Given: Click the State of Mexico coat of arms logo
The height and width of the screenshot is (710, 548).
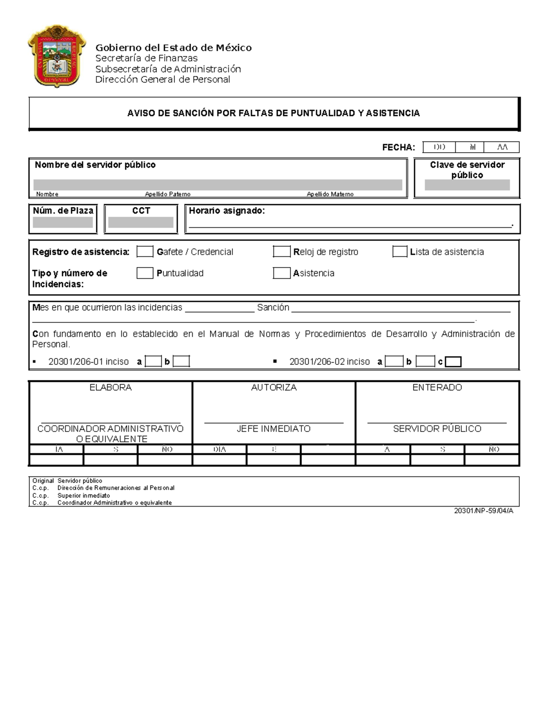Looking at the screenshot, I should point(56,56).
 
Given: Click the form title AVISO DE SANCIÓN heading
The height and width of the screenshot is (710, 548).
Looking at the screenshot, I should point(273,113).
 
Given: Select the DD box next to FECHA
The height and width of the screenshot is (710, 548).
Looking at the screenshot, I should point(439,147).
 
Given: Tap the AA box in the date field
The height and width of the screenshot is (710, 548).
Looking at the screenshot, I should point(502,147).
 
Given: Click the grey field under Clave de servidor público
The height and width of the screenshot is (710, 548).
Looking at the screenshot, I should point(467,185).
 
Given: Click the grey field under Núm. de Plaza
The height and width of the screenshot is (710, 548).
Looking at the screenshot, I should point(63,223).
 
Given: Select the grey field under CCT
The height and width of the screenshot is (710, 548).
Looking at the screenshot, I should point(141,223).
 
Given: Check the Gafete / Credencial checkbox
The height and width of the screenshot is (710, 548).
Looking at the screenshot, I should point(145,251).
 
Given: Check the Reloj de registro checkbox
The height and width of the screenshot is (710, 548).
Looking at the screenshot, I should point(281,251).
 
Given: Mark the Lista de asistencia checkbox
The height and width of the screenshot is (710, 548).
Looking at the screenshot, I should point(400,251).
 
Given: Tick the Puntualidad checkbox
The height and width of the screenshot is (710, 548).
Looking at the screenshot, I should point(145,273).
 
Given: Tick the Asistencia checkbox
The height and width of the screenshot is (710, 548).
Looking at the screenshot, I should point(281,273).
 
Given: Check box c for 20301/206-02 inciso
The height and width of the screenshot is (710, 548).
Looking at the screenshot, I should point(453,362).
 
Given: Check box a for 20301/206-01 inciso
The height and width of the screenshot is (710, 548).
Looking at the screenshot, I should point(153,362).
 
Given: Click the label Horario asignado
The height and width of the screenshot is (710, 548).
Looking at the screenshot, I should point(227,211).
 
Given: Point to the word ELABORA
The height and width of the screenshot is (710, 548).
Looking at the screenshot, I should point(111,387).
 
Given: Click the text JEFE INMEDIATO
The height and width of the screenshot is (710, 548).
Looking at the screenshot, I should point(274,429).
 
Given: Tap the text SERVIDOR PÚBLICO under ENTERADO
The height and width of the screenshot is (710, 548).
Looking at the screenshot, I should point(437,429).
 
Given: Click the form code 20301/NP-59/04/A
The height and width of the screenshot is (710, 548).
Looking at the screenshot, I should point(484,511).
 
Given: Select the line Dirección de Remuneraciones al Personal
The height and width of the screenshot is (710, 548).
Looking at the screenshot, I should point(116,488).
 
